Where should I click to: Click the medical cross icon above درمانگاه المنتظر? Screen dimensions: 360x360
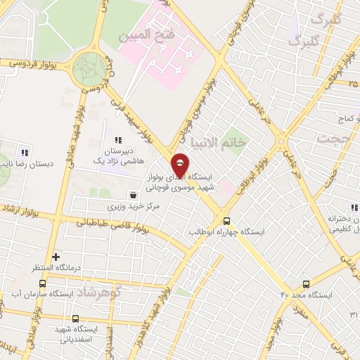56,257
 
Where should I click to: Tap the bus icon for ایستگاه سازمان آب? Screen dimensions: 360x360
42,284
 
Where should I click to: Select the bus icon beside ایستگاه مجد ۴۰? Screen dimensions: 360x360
305,284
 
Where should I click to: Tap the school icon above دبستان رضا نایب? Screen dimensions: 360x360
25,152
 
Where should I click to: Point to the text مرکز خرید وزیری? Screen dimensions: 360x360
134,207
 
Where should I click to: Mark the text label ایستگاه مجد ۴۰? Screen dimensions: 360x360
305,295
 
